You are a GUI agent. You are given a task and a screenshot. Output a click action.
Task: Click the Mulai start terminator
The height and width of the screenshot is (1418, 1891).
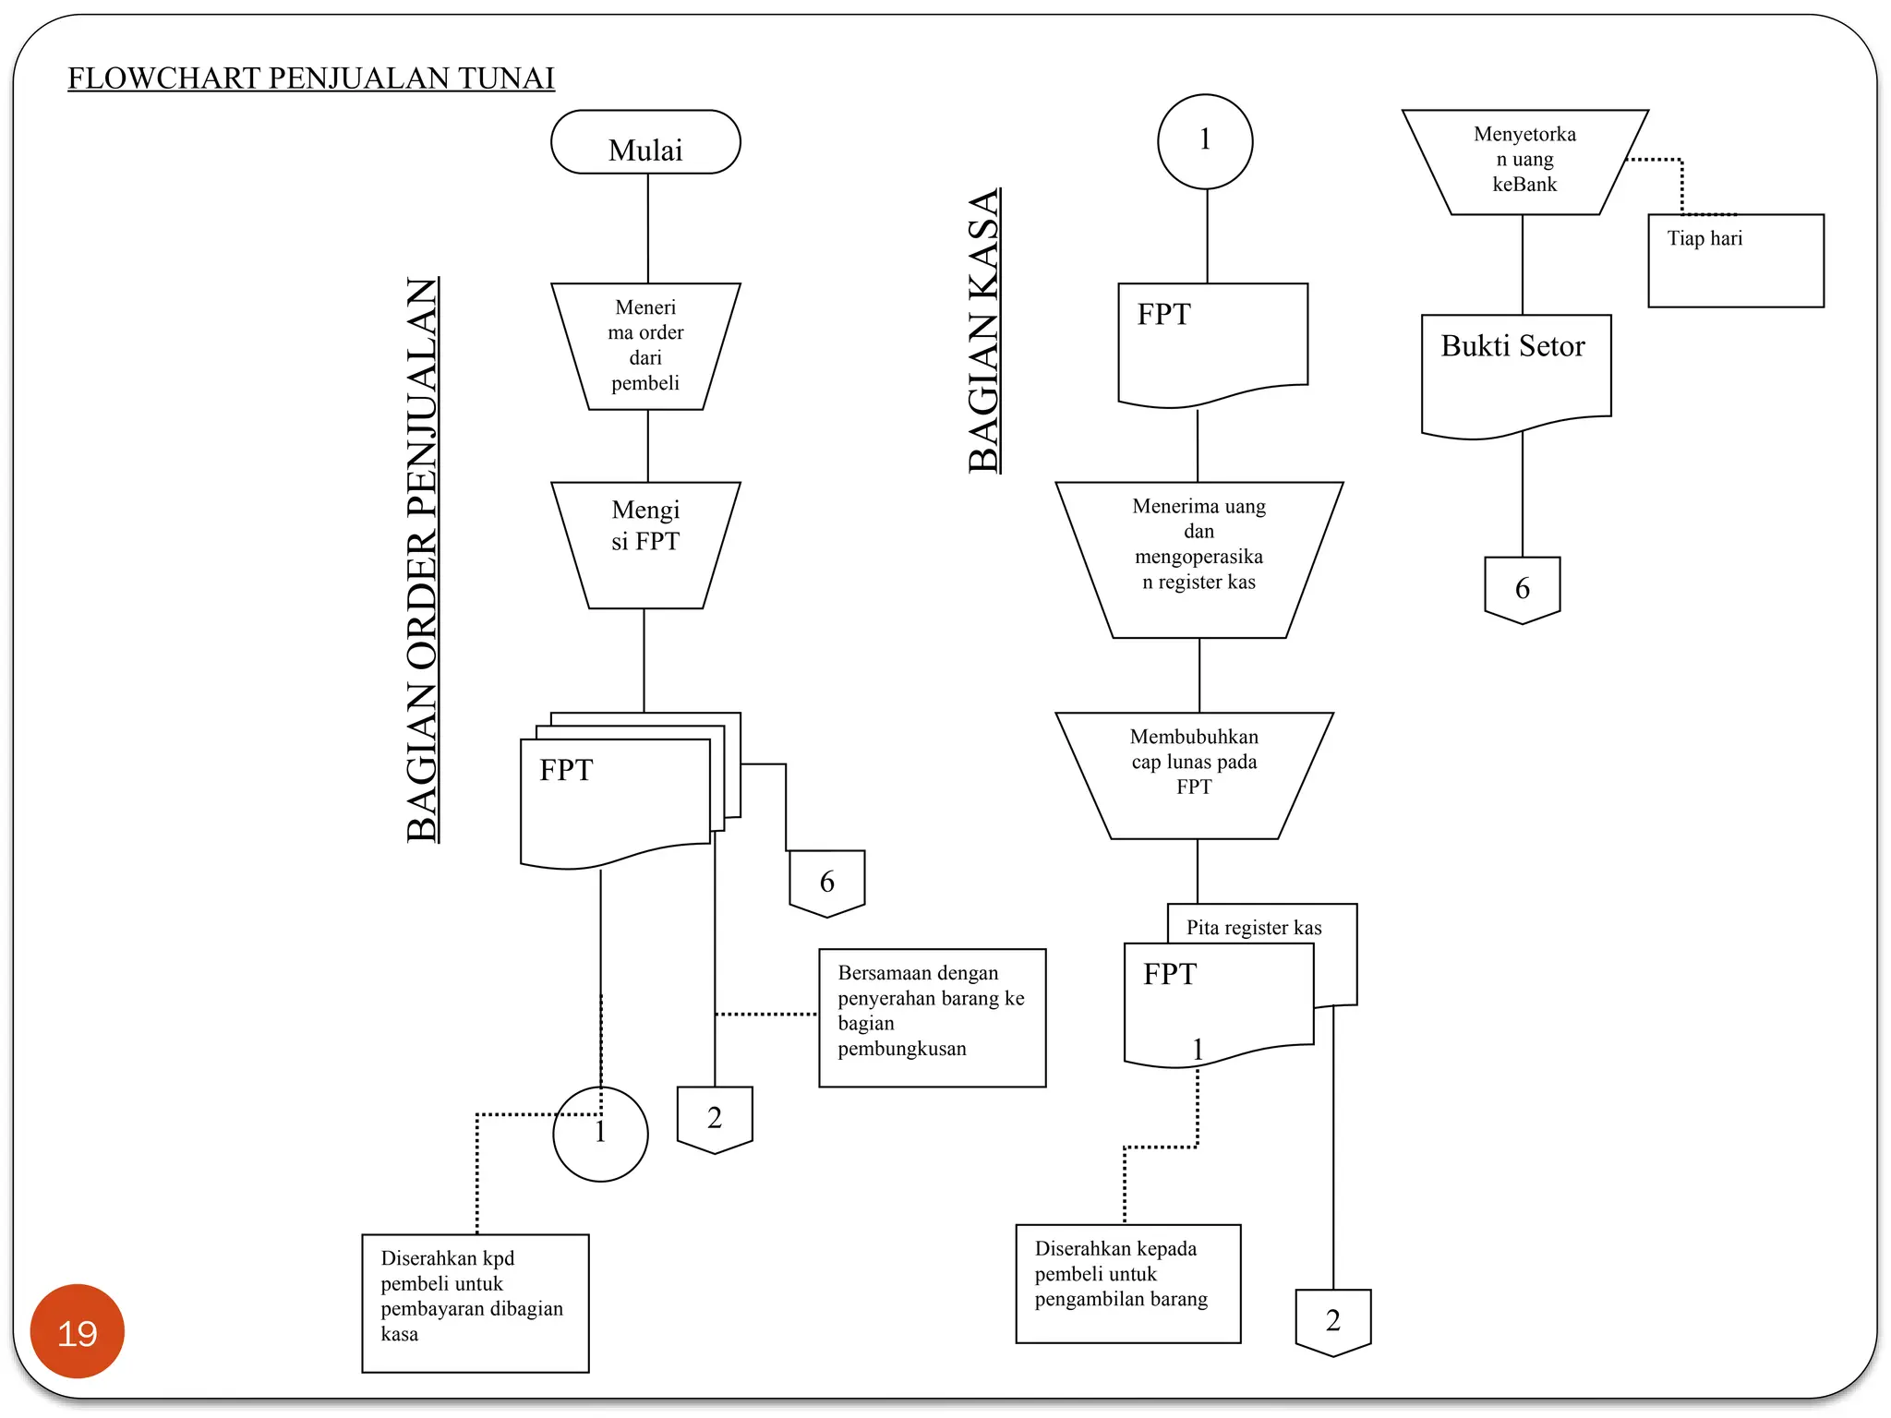(x=645, y=142)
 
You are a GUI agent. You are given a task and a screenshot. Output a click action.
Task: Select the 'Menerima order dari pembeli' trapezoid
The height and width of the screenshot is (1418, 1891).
(x=645, y=345)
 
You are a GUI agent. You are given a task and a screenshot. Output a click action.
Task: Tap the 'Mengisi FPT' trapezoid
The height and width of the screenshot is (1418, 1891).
(x=645, y=543)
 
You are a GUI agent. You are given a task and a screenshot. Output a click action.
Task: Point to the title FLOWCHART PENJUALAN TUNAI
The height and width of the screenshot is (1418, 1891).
(x=311, y=78)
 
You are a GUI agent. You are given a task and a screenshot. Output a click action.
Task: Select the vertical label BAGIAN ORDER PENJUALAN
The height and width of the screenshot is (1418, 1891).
(x=423, y=559)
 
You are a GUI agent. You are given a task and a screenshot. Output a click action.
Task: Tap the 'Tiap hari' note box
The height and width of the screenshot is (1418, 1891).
(x=1735, y=260)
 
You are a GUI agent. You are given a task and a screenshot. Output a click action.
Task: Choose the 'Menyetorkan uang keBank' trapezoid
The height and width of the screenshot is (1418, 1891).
(x=1524, y=162)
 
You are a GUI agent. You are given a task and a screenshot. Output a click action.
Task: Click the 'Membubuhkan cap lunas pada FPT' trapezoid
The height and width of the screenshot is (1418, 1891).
(x=1194, y=774)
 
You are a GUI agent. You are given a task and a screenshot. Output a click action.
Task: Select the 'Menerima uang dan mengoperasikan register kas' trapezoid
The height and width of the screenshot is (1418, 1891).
(x=1198, y=557)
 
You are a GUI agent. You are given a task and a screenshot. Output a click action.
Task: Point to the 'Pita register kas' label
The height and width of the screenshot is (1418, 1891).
(x=1254, y=927)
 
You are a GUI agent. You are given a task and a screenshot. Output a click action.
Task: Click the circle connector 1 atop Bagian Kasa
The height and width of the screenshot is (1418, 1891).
(x=1205, y=141)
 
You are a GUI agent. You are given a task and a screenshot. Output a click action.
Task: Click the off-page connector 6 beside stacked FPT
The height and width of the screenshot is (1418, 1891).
(x=826, y=882)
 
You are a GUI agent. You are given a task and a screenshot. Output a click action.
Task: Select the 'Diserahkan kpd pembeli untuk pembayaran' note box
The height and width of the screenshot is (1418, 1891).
(x=475, y=1302)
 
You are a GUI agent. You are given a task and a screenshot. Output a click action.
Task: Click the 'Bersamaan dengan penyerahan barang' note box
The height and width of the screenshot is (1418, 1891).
(x=932, y=1016)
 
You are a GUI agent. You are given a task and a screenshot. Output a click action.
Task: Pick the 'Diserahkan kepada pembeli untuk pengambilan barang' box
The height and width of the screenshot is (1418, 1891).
(x=1127, y=1282)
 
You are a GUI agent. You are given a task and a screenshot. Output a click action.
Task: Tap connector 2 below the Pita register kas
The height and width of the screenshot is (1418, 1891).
(x=1332, y=1320)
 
